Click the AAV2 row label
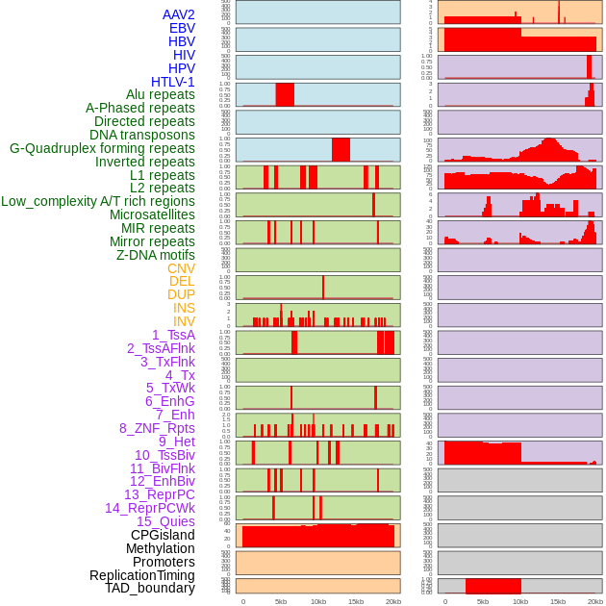pyautogui.click(x=179, y=14)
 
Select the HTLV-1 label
pyautogui.click(x=173, y=82)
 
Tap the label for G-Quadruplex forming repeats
pyautogui.click(x=102, y=148)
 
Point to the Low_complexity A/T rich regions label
pyautogui.click(x=98, y=201)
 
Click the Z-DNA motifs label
pyautogui.click(x=156, y=255)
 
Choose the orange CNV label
pyautogui.click(x=181, y=268)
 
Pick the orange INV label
pyautogui.click(x=184, y=321)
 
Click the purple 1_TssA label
pyautogui.click(x=173, y=335)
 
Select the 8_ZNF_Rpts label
pyautogui.click(x=157, y=428)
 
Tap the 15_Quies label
pyautogui.click(x=165, y=521)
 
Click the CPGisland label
pyautogui.click(x=163, y=535)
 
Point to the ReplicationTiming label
pyautogui.click(x=141, y=575)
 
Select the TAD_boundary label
pyautogui.click(x=149, y=588)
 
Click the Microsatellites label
pyautogui.click(x=152, y=215)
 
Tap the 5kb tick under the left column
pyautogui.click(x=281, y=601)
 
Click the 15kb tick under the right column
pyautogui.click(x=558, y=601)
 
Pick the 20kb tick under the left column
pyautogui.click(x=393, y=601)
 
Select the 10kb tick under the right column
pyautogui.click(x=520, y=601)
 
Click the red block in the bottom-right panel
pyautogui.click(x=492, y=586)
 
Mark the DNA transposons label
pyautogui.click(x=142, y=135)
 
